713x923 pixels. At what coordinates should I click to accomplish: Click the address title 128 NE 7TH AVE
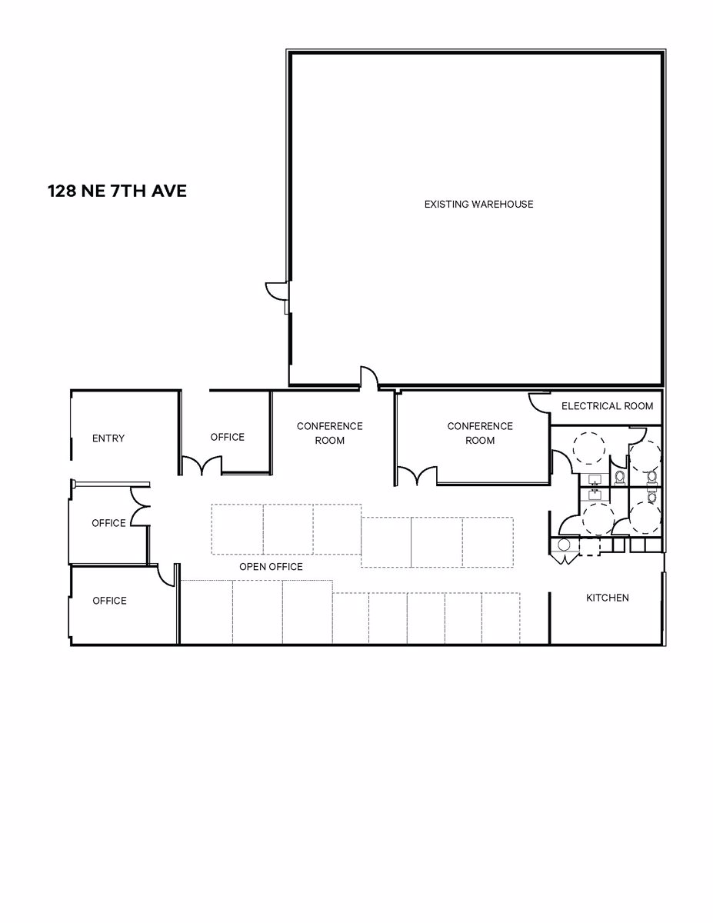click(117, 191)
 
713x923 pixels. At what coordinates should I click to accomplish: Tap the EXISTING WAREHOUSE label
click(478, 204)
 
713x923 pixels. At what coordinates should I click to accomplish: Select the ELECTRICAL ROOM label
click(607, 406)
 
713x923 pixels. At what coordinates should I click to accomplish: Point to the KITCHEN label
click(607, 598)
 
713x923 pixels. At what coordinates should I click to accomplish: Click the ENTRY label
click(108, 438)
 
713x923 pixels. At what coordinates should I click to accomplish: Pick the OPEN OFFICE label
click(271, 567)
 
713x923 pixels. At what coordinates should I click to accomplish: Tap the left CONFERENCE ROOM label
click(329, 433)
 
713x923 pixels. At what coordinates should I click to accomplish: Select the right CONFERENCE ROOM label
click(480, 433)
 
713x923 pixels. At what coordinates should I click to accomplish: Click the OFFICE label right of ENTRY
click(227, 437)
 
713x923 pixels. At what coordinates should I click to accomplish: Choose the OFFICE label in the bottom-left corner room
click(109, 601)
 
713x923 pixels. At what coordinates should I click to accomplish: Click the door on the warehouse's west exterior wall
click(276, 292)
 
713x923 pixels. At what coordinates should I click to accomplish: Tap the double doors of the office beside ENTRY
click(202, 466)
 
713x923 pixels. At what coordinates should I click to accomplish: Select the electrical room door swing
click(538, 402)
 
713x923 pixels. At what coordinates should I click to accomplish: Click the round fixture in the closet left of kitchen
click(564, 545)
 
